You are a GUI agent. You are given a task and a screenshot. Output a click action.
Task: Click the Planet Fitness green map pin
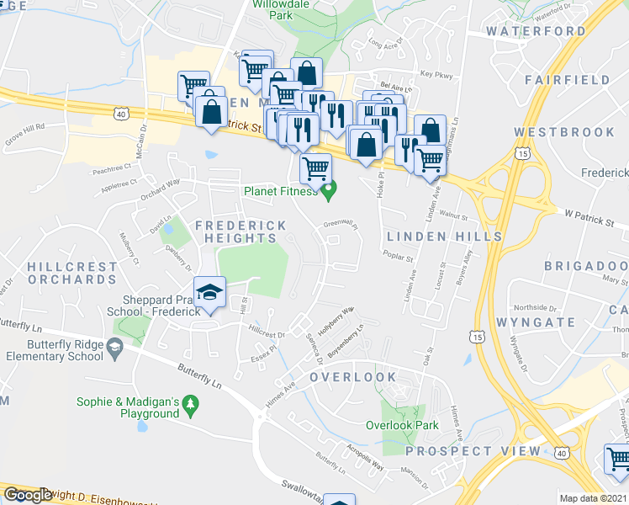pos(329,191)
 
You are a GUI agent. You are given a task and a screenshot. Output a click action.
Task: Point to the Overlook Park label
pos(402,425)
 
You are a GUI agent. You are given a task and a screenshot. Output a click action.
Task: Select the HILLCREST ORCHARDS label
pos(72,273)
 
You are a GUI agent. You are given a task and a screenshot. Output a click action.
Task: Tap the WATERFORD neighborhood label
pos(536,31)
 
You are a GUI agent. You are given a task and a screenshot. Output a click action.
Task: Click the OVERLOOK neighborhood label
pos(352,377)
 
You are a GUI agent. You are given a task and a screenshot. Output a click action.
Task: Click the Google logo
pos(29,494)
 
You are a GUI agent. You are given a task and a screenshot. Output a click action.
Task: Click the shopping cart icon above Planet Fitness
pos(315,167)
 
